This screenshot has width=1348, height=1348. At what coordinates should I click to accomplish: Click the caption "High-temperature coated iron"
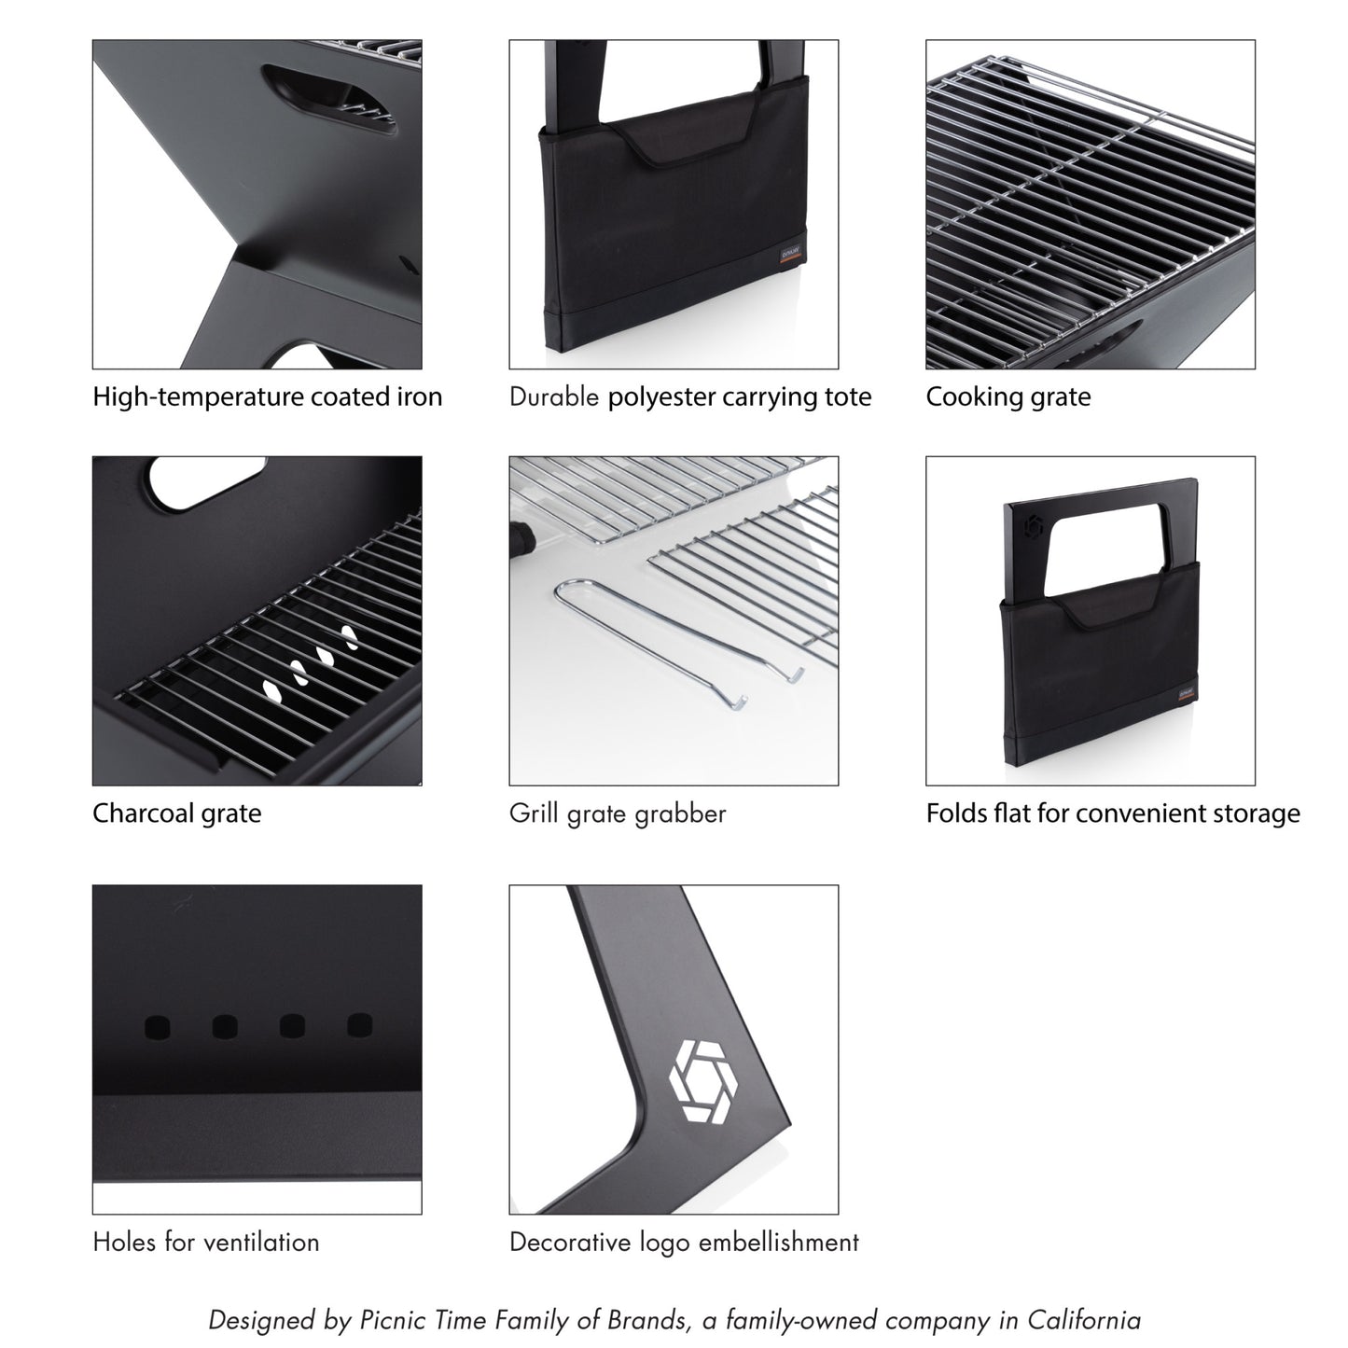267,397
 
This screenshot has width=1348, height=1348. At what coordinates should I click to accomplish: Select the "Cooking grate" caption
1008,397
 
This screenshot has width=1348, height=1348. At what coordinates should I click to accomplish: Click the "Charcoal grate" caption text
176,813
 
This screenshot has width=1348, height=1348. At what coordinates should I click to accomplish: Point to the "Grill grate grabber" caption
617,813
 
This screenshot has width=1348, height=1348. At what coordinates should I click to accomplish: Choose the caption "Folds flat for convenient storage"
1112,813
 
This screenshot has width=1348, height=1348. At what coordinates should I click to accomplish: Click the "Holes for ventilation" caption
205,1243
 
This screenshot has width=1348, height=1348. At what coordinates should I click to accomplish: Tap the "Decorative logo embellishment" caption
684,1243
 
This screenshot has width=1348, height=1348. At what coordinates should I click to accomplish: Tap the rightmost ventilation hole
360,1025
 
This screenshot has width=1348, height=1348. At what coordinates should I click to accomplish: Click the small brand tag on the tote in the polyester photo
791,256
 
